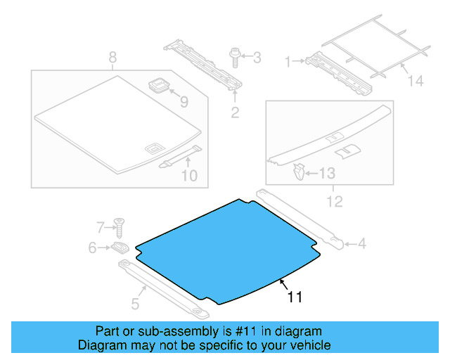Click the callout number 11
295,297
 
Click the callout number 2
235,112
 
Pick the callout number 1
288,62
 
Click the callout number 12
334,202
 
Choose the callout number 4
361,244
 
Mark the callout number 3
256,56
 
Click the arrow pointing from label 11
281,283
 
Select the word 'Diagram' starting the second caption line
101,345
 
